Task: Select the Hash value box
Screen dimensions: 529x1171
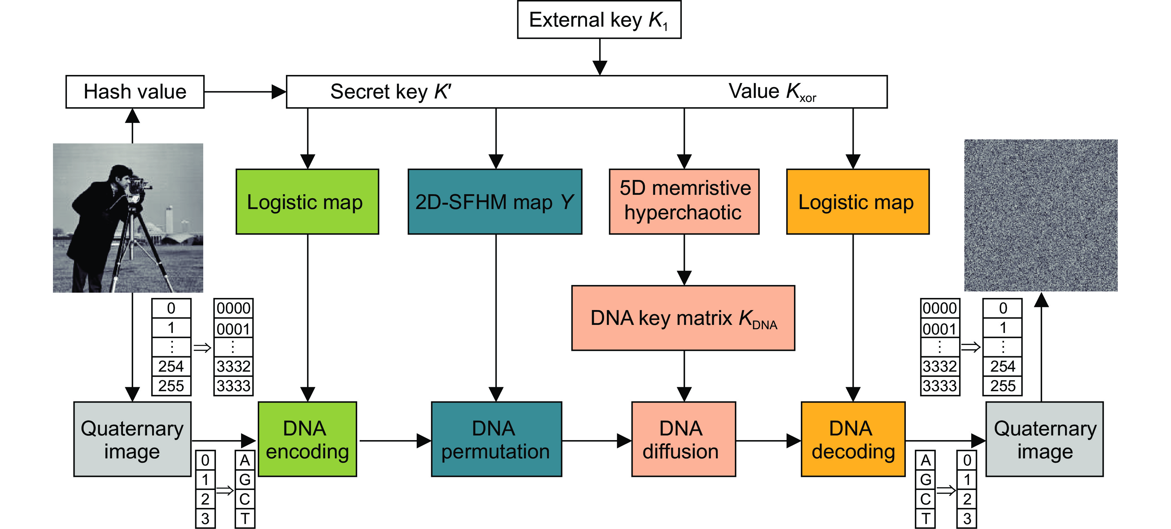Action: [x=135, y=92]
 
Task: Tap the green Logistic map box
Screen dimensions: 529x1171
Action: [x=307, y=202]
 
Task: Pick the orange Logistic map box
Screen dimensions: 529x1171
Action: [x=857, y=202]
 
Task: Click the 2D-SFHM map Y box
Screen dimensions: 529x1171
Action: [x=495, y=202]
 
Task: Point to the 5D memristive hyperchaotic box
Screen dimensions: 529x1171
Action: [x=684, y=202]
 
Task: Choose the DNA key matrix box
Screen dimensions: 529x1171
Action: [x=683, y=318]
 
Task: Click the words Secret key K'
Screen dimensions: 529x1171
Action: [x=390, y=92]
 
